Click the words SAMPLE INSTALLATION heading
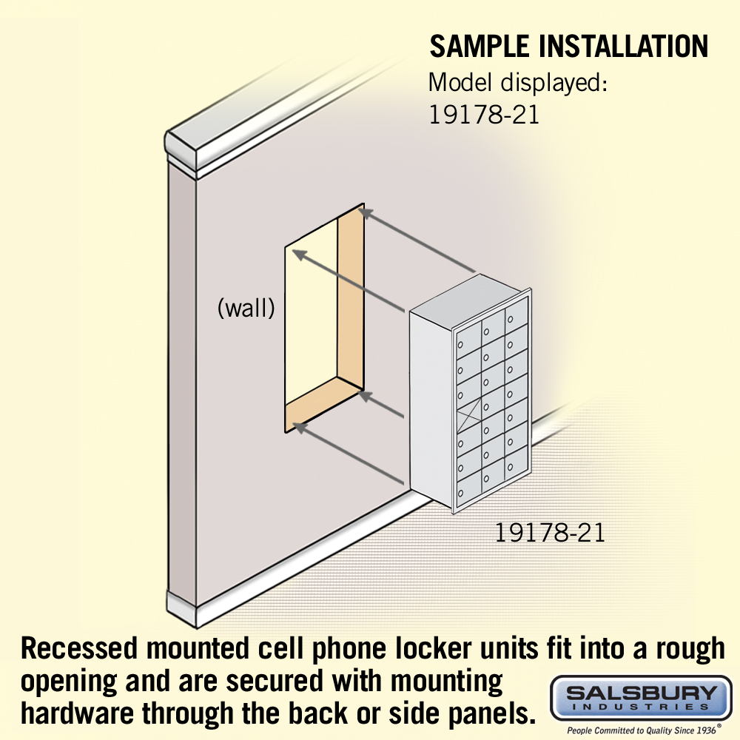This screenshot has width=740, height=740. pyautogui.click(x=568, y=46)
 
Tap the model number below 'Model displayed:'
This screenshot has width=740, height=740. pyautogui.click(x=483, y=114)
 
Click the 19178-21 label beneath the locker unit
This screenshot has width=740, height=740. pyautogui.click(x=550, y=533)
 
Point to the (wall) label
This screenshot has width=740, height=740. pyautogui.click(x=246, y=308)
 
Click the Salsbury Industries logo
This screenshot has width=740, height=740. pyautogui.click(x=641, y=698)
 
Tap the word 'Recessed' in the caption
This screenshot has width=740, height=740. pyautogui.click(x=79, y=648)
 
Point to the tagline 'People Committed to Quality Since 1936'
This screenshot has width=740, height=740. pyautogui.click(x=641, y=730)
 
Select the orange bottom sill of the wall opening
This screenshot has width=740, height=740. pyautogui.click(x=324, y=404)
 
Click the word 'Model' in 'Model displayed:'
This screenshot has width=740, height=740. pyautogui.click(x=461, y=82)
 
